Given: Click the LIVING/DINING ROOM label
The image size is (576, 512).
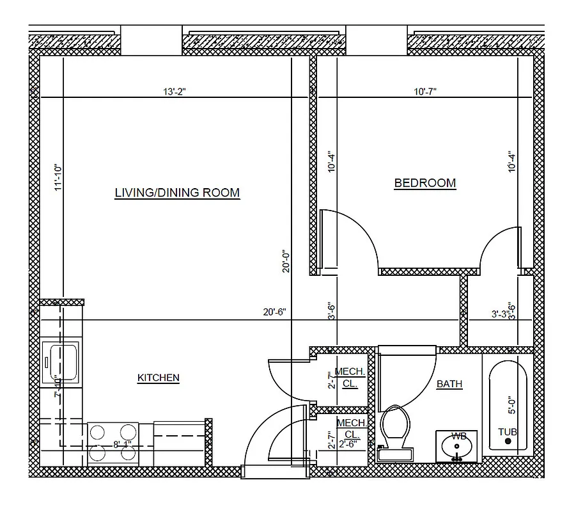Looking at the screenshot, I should (x=177, y=192).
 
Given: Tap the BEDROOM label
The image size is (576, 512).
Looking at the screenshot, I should (x=425, y=183).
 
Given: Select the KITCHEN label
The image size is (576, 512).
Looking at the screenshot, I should (x=158, y=378).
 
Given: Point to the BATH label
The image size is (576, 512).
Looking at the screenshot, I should (x=449, y=384).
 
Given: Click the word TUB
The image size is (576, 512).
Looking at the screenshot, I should (x=508, y=432).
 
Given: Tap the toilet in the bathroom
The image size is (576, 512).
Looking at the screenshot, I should (x=396, y=431).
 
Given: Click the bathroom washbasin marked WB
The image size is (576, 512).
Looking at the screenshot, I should (x=458, y=446).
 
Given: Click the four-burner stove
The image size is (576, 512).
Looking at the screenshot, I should (x=113, y=442).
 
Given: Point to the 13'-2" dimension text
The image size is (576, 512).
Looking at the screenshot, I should (x=174, y=92).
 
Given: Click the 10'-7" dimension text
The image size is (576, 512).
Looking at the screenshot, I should (x=425, y=92).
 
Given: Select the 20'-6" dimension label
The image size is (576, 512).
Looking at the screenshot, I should (x=274, y=312).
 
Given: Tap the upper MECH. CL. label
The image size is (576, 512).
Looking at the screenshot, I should (x=350, y=378).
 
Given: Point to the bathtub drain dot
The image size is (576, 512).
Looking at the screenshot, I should (x=508, y=442).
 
